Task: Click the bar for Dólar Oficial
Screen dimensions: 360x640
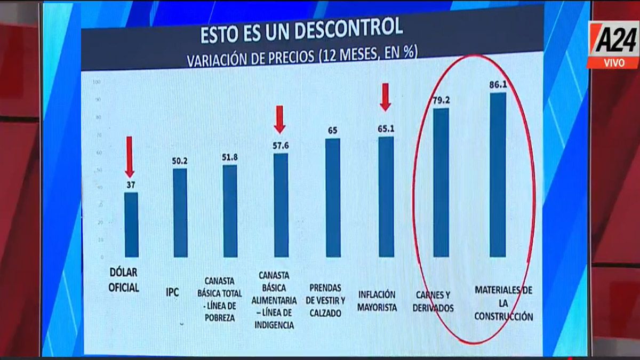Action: click(x=131, y=225)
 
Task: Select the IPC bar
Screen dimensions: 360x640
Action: click(x=180, y=213)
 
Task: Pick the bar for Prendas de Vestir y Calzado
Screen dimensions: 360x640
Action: click(x=333, y=198)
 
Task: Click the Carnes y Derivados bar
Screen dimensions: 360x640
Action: click(x=441, y=182)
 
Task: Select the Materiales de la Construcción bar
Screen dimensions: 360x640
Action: click(x=498, y=175)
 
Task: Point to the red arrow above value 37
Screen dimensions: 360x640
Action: click(x=129, y=156)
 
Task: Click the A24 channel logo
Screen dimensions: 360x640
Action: click(x=613, y=39)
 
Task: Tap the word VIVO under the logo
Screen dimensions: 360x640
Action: click(x=613, y=63)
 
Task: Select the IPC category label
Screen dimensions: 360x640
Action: click(x=172, y=293)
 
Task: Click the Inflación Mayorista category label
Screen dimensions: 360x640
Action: click(x=378, y=301)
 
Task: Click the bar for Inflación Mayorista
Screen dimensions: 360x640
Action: click(x=386, y=197)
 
